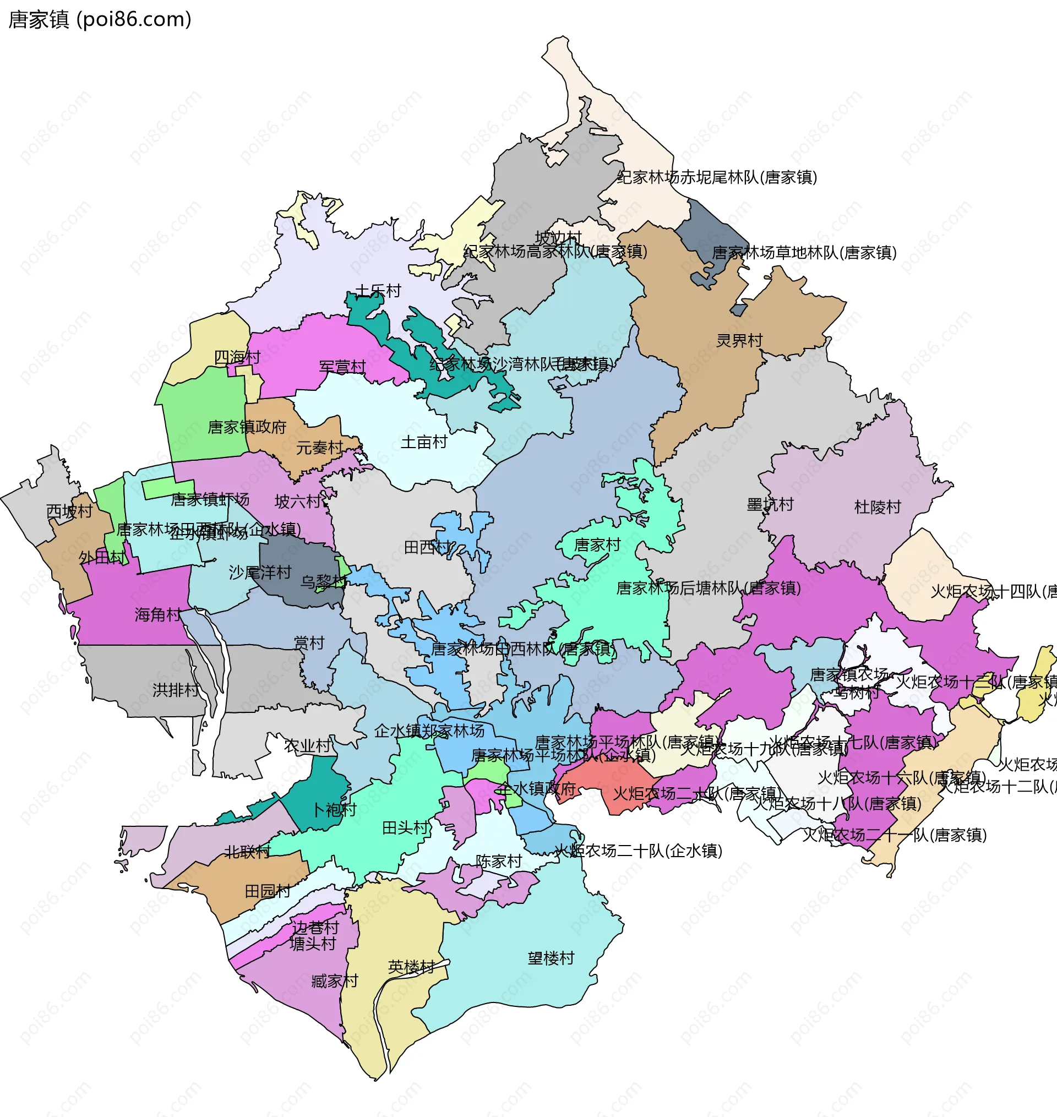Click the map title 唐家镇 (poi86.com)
click(x=100, y=19)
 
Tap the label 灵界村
click(x=739, y=340)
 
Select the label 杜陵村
click(x=878, y=507)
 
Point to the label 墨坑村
click(x=770, y=504)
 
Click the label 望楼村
click(x=551, y=957)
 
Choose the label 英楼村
click(x=411, y=967)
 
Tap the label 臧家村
click(x=335, y=980)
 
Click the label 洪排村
click(x=176, y=689)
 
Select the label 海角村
click(x=158, y=614)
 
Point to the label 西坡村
click(x=69, y=511)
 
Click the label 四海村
click(x=237, y=357)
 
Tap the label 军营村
click(x=342, y=366)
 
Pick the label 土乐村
click(x=378, y=291)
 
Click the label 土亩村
click(x=424, y=442)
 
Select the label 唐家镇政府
click(x=247, y=427)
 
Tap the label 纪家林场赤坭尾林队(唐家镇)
click(x=717, y=177)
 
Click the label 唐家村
click(x=597, y=544)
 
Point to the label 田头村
click(x=406, y=827)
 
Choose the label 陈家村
click(x=499, y=861)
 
